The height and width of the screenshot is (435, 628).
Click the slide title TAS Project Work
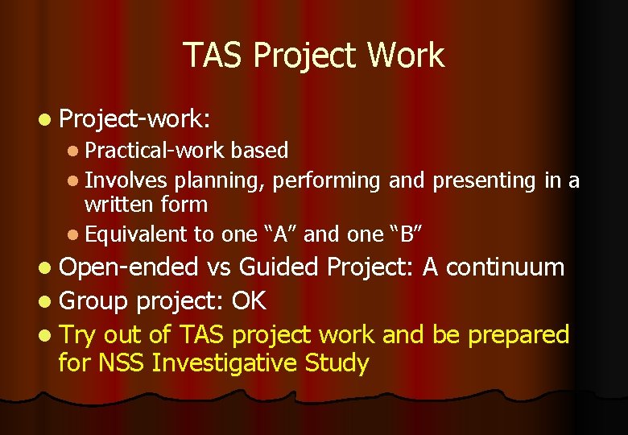click(x=314, y=56)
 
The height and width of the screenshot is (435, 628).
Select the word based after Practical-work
click(x=259, y=151)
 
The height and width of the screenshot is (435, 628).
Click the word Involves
click(x=126, y=181)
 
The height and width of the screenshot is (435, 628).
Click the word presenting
click(x=485, y=181)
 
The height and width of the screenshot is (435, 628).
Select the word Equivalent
click(x=135, y=234)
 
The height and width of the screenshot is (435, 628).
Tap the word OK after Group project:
click(x=249, y=301)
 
